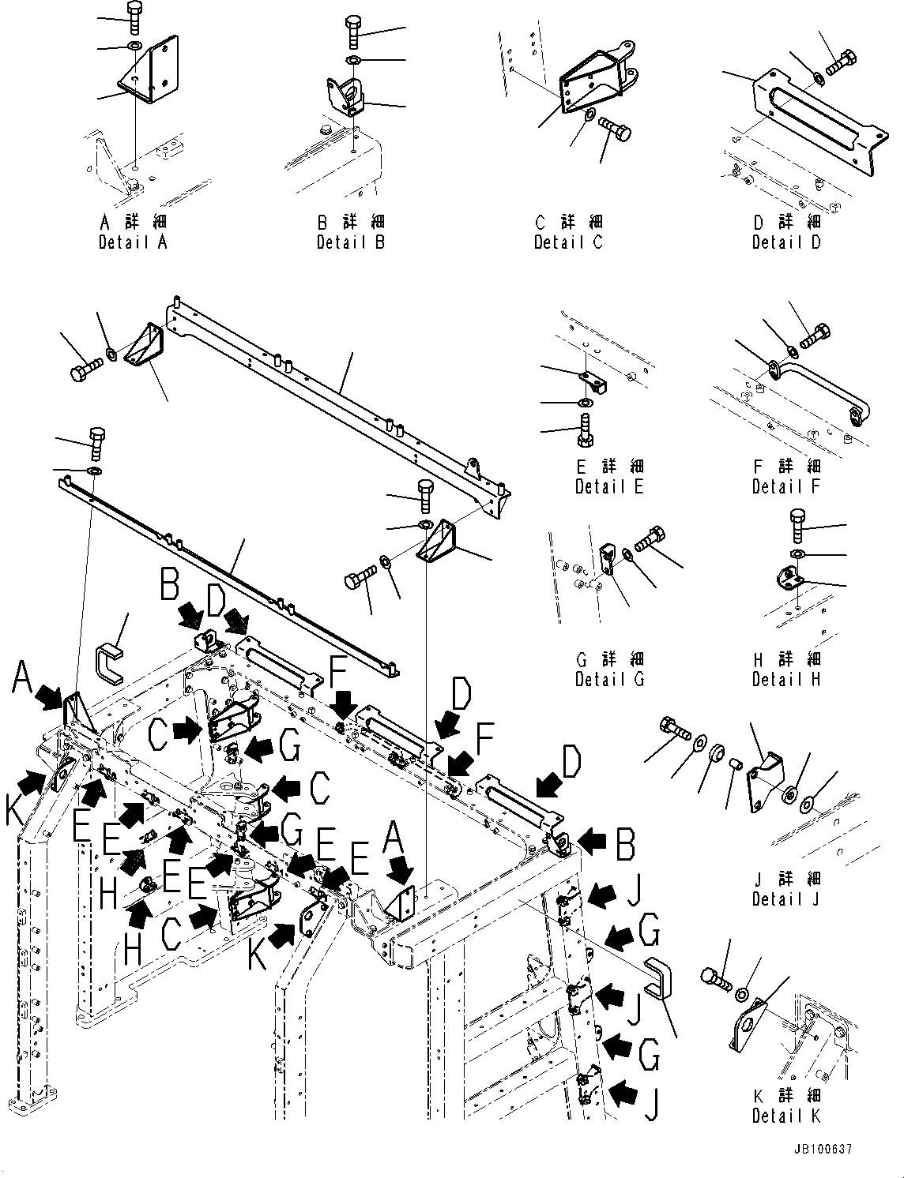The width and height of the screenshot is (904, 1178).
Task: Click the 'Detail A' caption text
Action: [x=133, y=242]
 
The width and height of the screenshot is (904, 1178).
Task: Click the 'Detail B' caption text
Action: [x=351, y=242]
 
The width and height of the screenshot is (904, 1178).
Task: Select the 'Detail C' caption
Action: [x=568, y=242]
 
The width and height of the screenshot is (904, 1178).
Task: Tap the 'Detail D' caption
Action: [x=786, y=242]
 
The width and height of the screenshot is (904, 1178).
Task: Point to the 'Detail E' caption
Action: [x=609, y=486]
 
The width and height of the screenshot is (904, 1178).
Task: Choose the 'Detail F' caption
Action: [x=786, y=486]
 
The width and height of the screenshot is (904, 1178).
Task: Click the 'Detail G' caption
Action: [x=609, y=679]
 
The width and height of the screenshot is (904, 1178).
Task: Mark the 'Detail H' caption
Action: [x=786, y=679]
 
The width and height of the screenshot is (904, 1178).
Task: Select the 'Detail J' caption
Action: [x=786, y=899]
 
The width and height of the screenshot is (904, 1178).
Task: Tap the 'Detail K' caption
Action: [x=786, y=1116]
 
